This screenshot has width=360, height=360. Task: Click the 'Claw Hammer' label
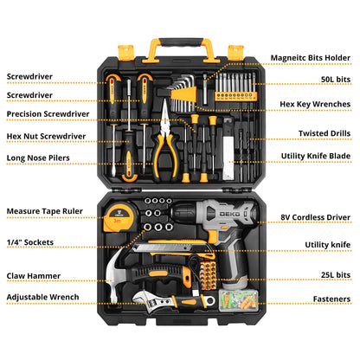pos(34,276)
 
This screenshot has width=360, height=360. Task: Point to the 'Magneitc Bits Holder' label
pos(310,58)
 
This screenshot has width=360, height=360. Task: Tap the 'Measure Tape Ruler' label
pos(45,211)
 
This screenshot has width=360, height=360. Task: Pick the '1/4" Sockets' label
pos(30,241)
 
